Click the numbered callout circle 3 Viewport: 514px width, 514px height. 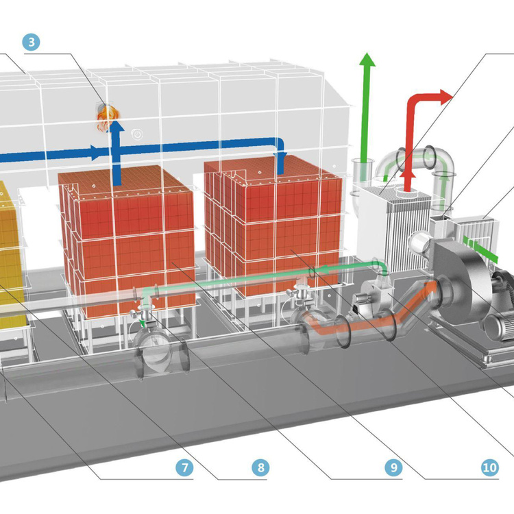[x=32, y=42]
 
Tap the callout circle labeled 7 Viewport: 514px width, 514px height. [x=183, y=468]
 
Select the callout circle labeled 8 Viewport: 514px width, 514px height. [x=260, y=468]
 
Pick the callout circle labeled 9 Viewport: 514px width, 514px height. [x=392, y=468]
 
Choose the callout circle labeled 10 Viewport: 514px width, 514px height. [x=489, y=468]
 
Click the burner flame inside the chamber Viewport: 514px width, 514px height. [x=105, y=114]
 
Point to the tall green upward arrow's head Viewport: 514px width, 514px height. [x=368, y=59]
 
